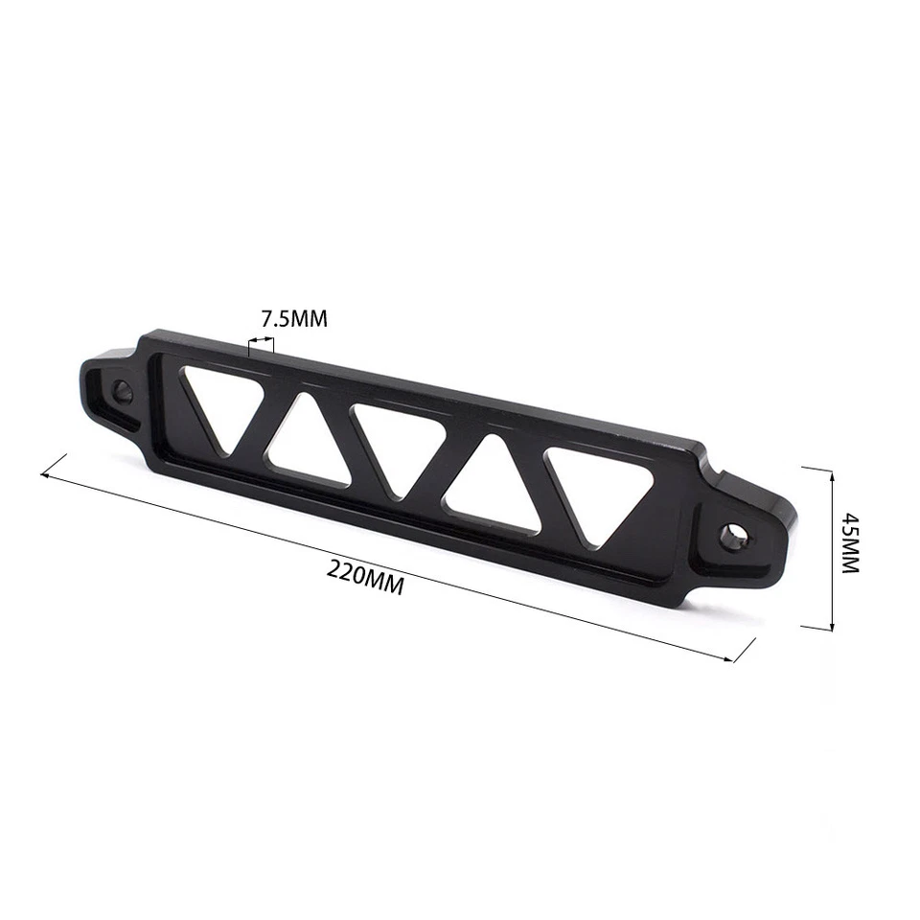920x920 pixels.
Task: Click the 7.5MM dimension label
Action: click(294, 319)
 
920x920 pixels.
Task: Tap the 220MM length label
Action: click(365, 576)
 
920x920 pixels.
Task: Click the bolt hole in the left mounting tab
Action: click(123, 391)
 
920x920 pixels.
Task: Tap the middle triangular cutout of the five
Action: click(396, 444)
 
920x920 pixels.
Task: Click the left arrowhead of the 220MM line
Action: click(44, 472)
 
